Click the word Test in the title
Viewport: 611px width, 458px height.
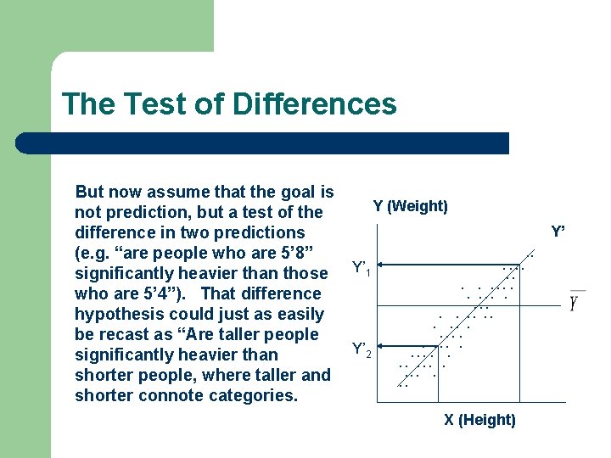(150, 104)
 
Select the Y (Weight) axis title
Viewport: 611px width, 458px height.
(410, 206)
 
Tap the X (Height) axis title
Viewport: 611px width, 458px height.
(479, 420)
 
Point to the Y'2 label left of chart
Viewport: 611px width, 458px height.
(361, 349)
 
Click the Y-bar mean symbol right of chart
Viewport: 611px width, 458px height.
(575, 302)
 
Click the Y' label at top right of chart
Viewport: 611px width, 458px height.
(558, 232)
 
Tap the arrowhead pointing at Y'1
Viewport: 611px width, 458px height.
(379, 265)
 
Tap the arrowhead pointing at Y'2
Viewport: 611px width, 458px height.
(379, 346)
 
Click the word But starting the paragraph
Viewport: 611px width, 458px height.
(91, 193)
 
